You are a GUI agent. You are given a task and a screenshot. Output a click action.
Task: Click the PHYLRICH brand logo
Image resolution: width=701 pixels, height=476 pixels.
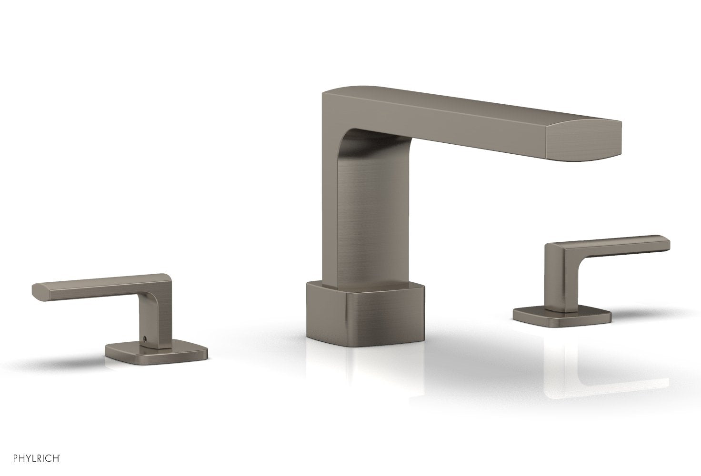pos(31,458)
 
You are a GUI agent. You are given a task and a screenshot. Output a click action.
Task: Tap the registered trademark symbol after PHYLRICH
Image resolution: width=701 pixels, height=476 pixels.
pos(59,456)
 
